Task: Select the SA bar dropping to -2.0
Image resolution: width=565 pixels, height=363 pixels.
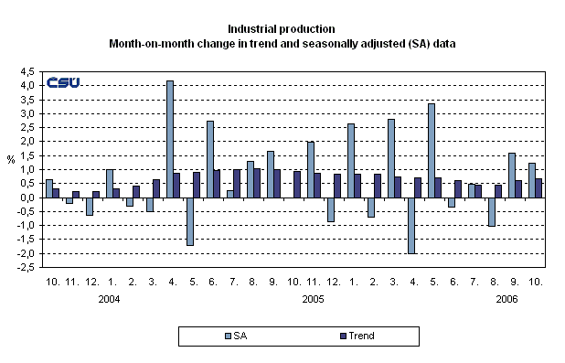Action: click(411, 225)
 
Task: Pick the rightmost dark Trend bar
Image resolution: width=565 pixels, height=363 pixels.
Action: click(539, 187)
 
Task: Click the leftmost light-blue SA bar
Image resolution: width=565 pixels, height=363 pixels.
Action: click(49, 188)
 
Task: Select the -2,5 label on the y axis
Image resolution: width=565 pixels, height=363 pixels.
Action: click(27, 268)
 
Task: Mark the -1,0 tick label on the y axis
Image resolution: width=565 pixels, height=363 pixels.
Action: click(27, 226)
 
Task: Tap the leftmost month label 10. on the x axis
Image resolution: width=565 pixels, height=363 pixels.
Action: click(53, 283)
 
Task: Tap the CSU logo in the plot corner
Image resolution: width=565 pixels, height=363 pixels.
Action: click(63, 82)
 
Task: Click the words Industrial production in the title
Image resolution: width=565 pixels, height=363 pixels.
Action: click(282, 28)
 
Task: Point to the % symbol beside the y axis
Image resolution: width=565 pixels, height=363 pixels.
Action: click(11, 160)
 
